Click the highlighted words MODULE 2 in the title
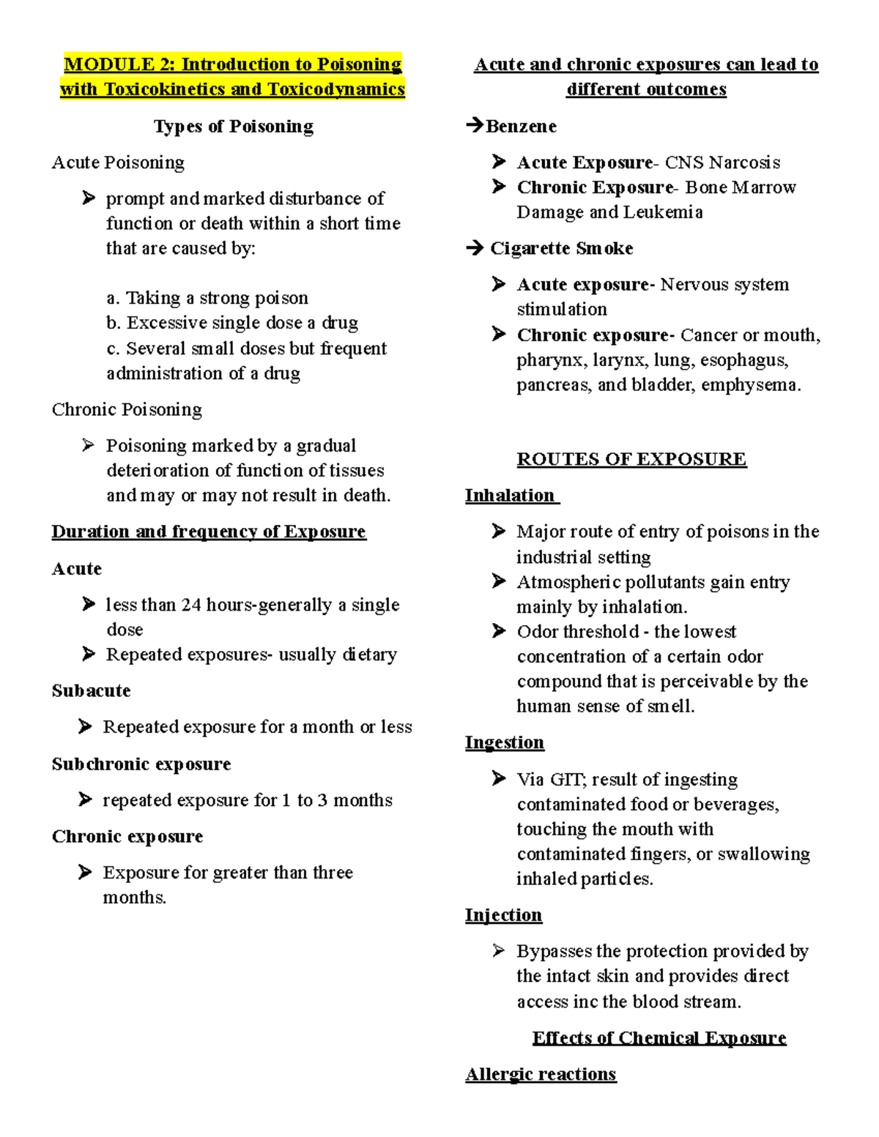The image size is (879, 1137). [x=109, y=64]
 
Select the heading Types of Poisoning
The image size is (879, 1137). [x=234, y=127]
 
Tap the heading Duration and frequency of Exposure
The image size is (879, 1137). [x=209, y=532]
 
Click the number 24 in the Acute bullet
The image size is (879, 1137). [x=191, y=605]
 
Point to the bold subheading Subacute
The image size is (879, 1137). [x=91, y=690]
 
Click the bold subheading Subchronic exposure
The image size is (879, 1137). [x=141, y=764]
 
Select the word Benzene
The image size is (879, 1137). [x=521, y=127]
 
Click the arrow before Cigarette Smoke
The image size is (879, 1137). [x=475, y=248]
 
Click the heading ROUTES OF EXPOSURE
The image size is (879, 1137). [x=631, y=459]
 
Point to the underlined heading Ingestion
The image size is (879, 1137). [x=505, y=742]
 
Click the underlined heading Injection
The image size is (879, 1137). [x=504, y=915]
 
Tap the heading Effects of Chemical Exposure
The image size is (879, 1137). [x=659, y=1038]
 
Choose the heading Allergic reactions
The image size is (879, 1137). [x=541, y=1074]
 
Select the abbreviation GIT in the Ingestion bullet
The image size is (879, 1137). [x=567, y=780]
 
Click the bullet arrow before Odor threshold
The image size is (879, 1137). [x=499, y=631]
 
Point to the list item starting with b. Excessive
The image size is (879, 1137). [x=232, y=323]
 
